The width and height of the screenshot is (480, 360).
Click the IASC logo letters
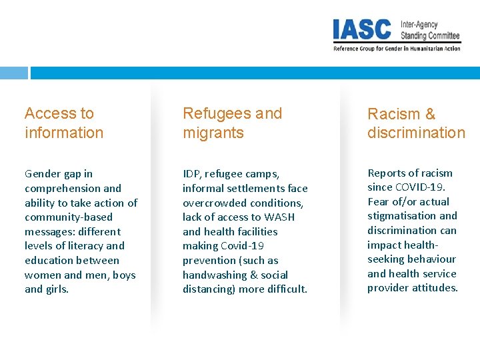pos(362,30)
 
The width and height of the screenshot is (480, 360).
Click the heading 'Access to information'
pos(64,123)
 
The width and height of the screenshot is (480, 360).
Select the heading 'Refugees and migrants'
pos(232,123)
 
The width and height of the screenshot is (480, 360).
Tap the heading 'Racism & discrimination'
pos(416,123)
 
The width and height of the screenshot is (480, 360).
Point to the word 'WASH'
pos(279,217)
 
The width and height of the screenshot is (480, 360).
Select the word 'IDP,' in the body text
pos(192,174)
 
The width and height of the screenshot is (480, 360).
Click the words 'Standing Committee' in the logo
pos(430,35)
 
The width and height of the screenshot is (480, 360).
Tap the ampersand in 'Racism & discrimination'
pos(429,114)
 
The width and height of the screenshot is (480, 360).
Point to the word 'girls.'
pos(56,289)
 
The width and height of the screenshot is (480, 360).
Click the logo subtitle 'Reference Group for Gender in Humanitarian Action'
pos(397,48)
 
